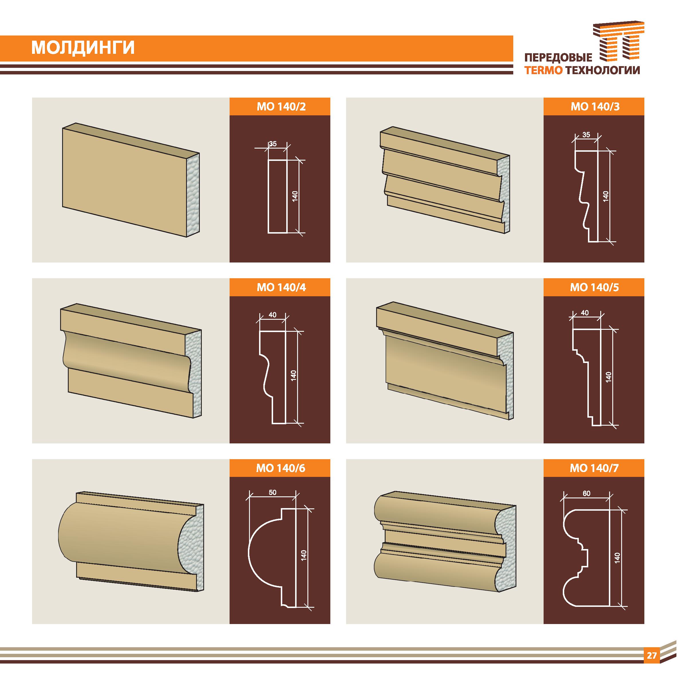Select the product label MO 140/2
click(x=281, y=107)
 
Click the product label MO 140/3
click(x=595, y=107)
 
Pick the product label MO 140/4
click(x=281, y=287)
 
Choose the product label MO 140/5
click(x=594, y=287)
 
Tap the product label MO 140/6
click(x=280, y=468)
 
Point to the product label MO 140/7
click(x=594, y=468)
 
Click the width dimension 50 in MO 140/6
click(x=273, y=492)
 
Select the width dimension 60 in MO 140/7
click(x=587, y=494)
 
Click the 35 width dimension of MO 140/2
click(x=273, y=144)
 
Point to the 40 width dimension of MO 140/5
click(x=585, y=313)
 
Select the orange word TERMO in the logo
click(x=544, y=70)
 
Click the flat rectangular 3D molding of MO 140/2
click(x=131, y=180)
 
